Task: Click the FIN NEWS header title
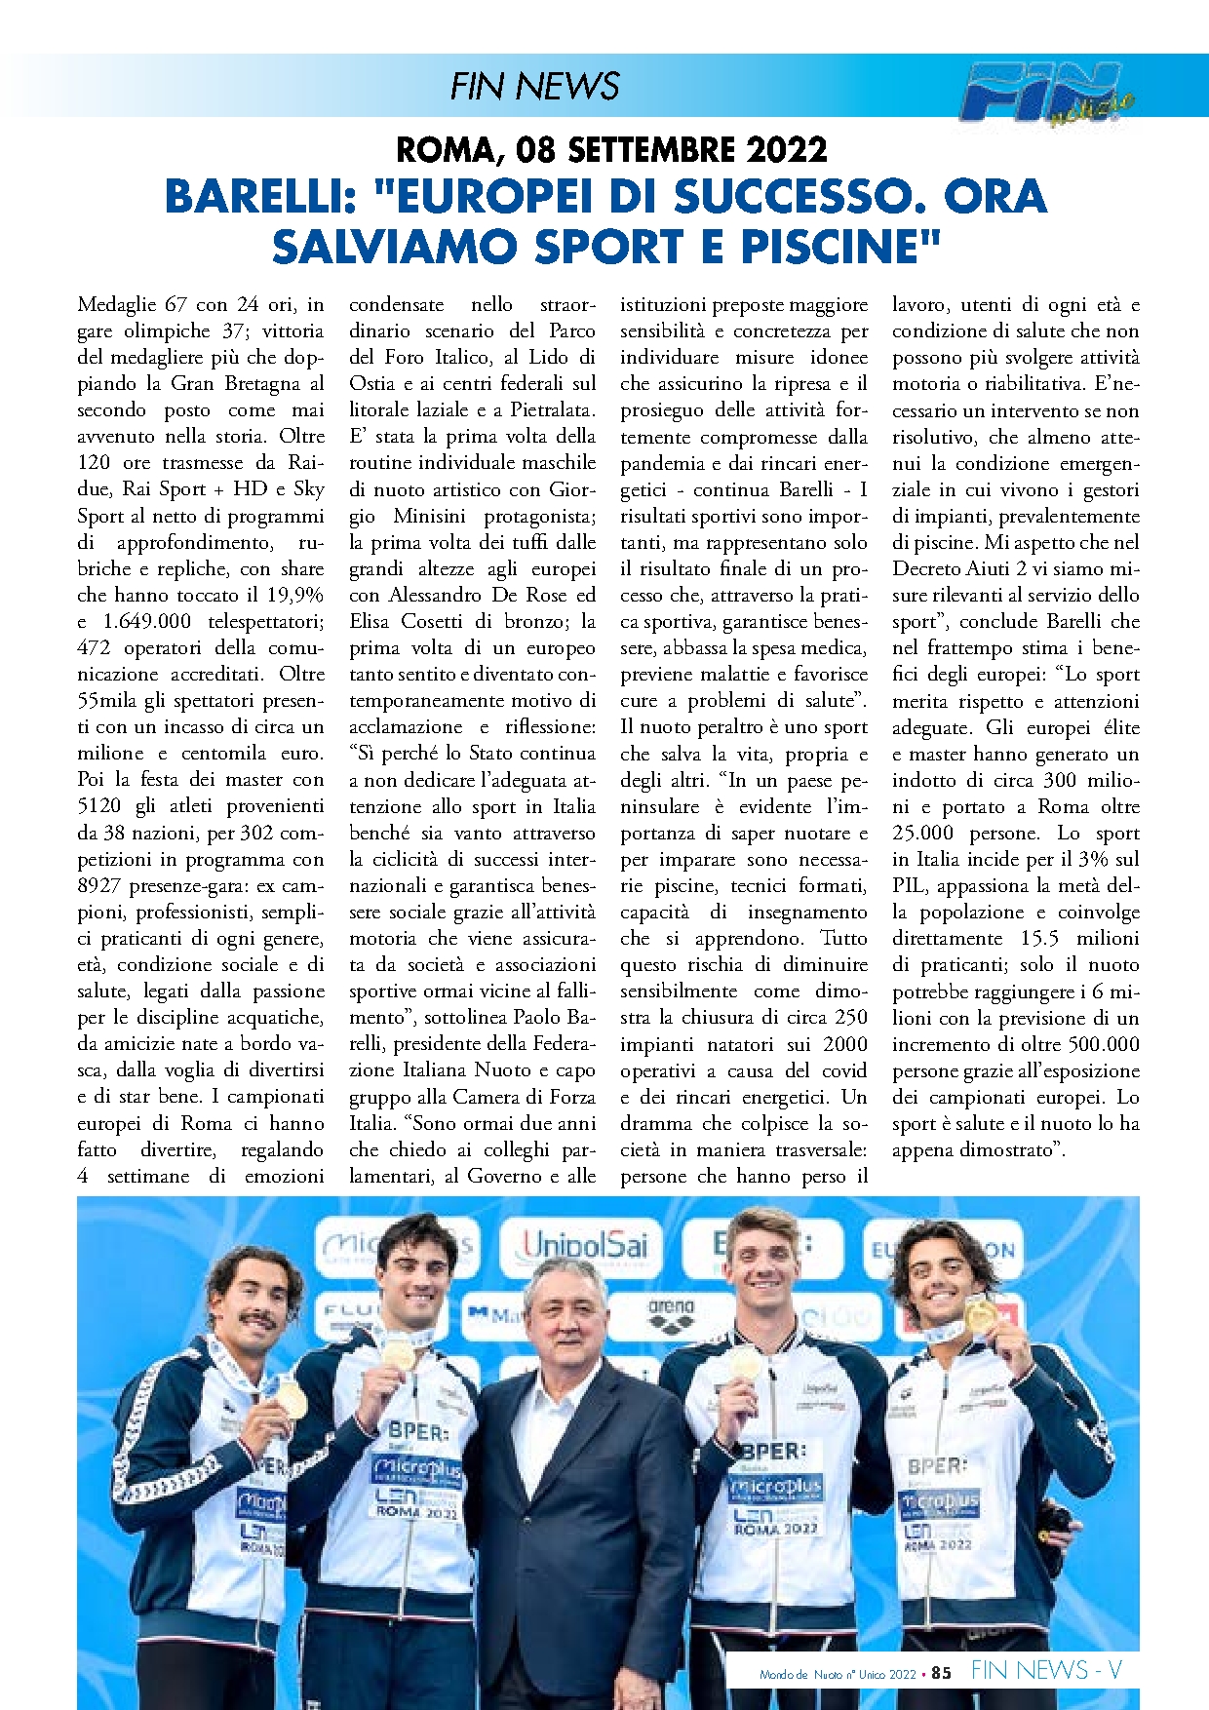[534, 87]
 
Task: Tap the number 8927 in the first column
[99, 885]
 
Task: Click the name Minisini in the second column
[430, 516]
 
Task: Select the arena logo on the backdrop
[671, 1308]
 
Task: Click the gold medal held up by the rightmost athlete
[979, 1316]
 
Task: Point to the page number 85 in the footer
[941, 1673]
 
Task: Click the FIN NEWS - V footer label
[1045, 1671]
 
